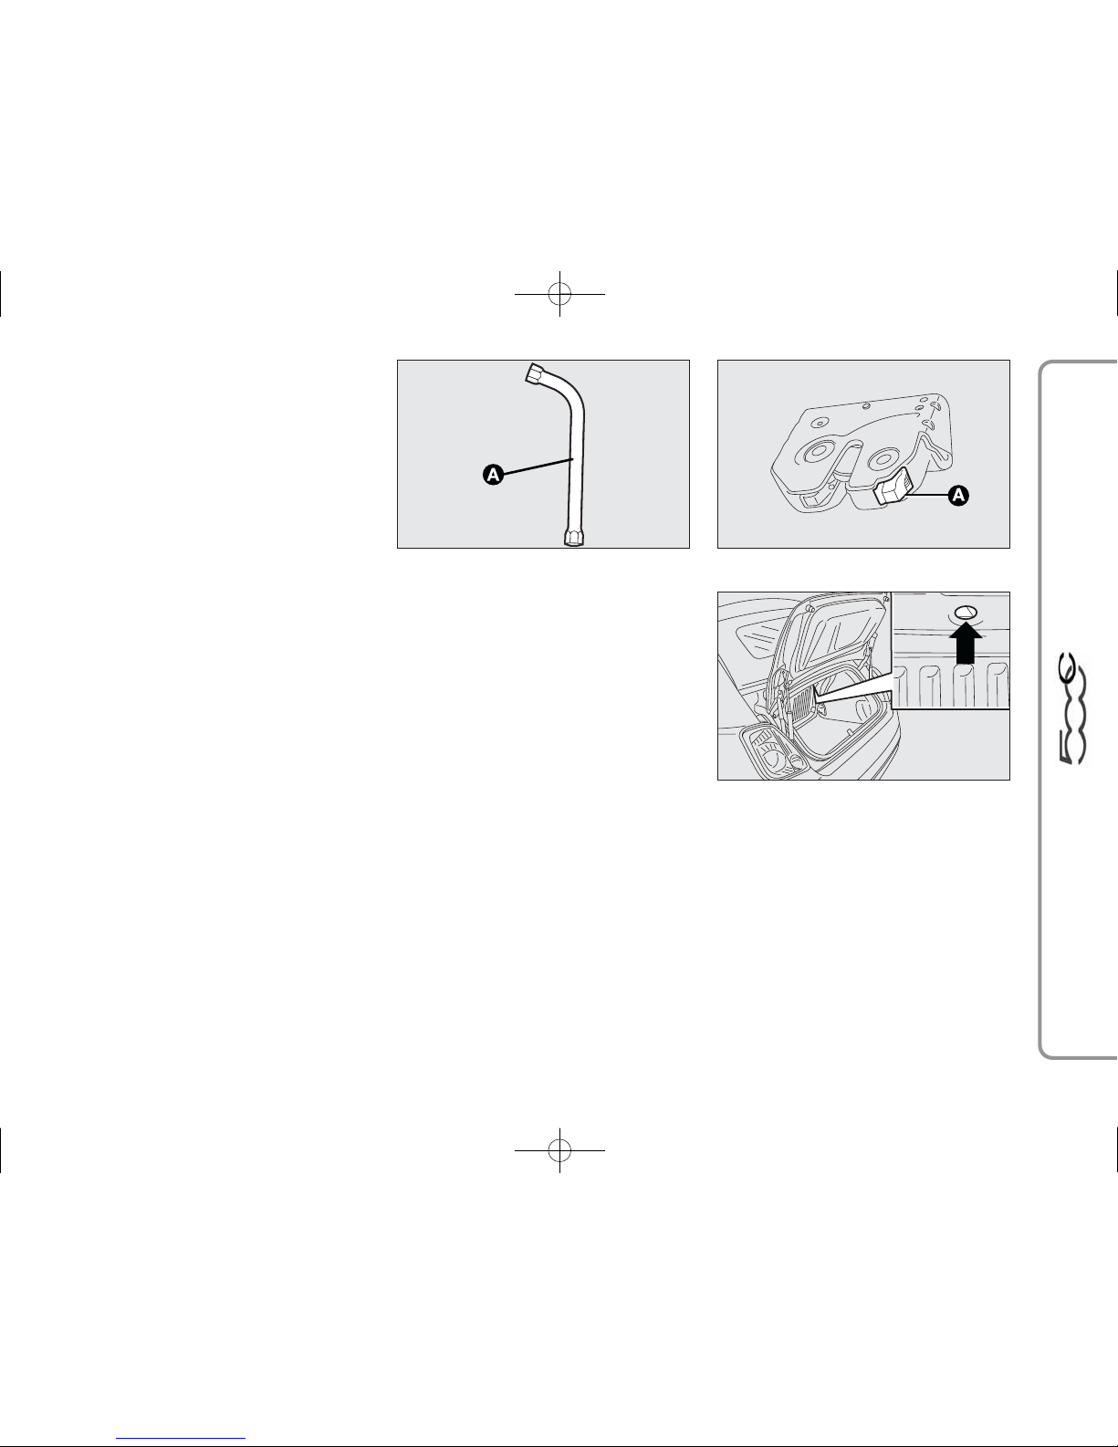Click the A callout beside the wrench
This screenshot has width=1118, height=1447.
[493, 475]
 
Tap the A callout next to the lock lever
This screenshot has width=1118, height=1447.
[958, 496]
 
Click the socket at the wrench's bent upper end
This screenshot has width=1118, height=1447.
[535, 372]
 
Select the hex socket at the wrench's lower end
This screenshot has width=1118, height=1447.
[574, 538]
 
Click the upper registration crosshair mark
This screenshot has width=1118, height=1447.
[559, 294]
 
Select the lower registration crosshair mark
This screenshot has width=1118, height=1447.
[559, 1150]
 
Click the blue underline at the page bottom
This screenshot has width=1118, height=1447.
[181, 1436]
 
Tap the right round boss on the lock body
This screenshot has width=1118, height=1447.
[884, 458]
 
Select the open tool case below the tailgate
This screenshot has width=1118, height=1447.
[773, 752]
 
